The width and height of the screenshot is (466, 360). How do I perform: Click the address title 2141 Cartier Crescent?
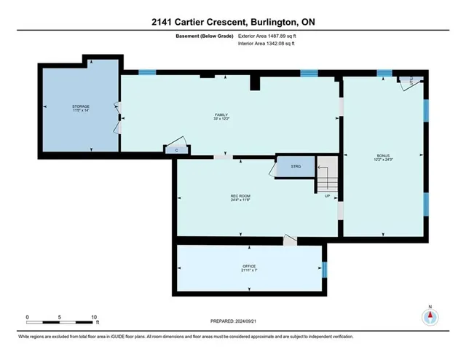point(233,22)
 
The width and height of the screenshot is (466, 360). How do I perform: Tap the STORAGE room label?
point(80,107)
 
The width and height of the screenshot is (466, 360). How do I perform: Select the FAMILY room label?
point(221,114)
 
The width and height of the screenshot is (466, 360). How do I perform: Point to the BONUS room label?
point(383,156)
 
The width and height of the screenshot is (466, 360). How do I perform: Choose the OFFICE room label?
point(249,267)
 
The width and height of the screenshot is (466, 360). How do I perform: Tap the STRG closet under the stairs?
point(296,167)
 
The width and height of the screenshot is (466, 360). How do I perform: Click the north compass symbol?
point(430,317)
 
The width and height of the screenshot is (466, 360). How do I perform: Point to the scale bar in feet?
point(60,318)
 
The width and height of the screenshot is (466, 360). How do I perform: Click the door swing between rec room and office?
point(291,240)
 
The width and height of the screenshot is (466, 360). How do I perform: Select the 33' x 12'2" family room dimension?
point(221,120)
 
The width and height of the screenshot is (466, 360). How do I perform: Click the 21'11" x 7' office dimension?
point(249,272)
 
